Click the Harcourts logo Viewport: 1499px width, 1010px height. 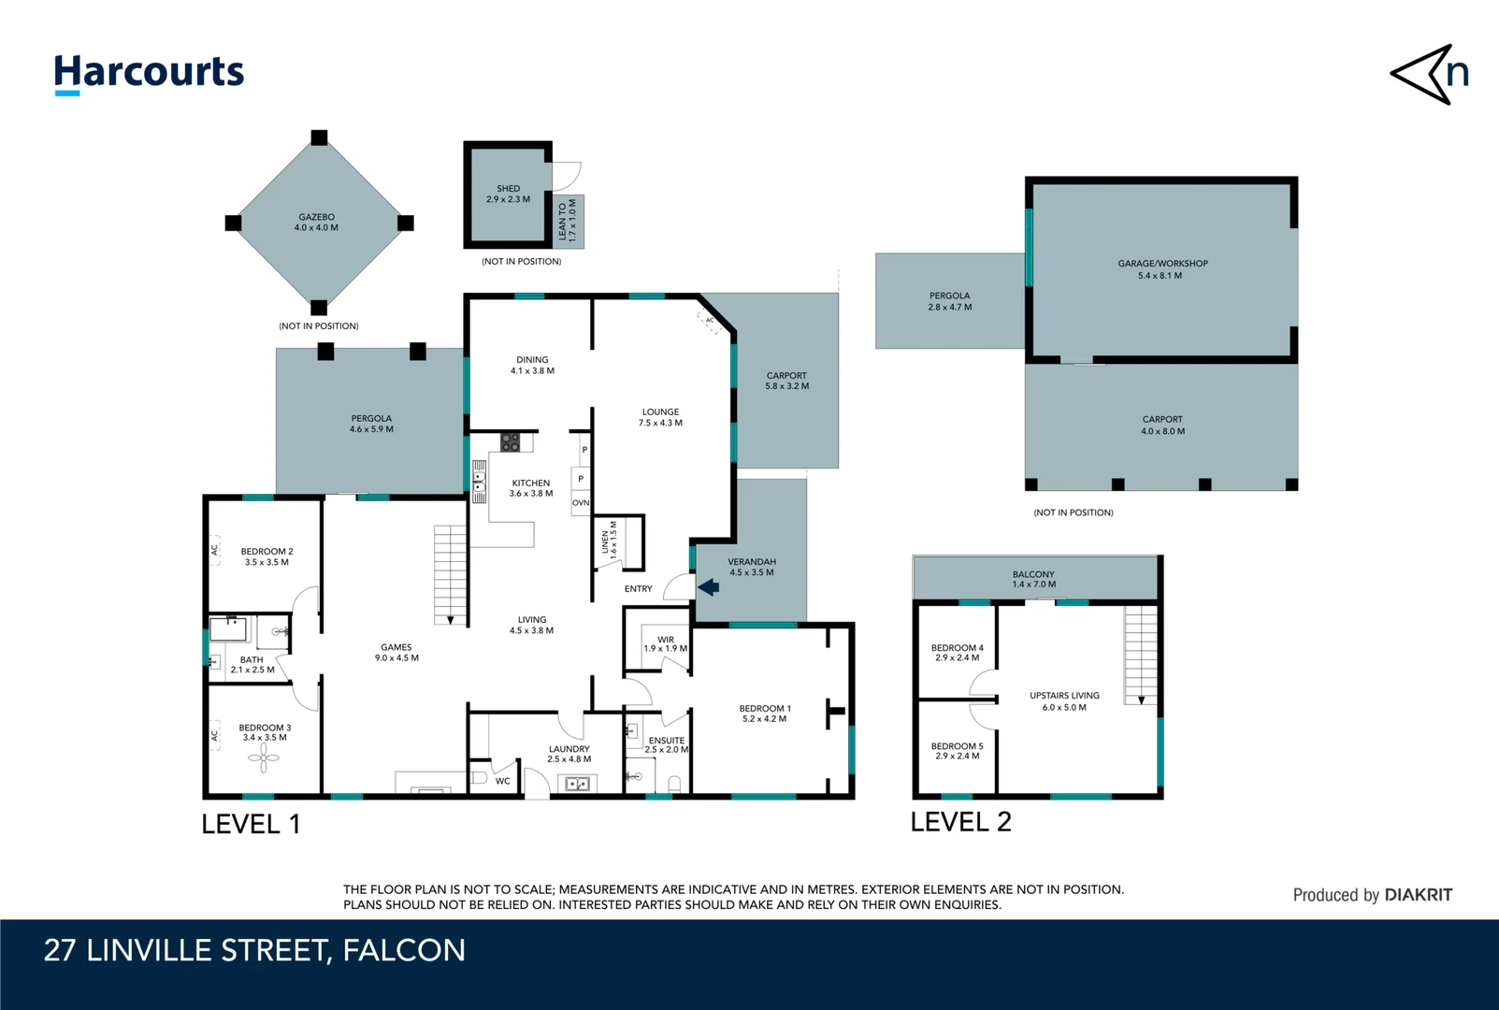(149, 74)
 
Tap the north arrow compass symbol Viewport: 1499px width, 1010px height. (1430, 74)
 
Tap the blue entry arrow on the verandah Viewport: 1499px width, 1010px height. (709, 587)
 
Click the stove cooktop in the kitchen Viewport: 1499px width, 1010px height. (510, 441)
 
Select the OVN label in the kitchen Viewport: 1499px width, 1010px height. (581, 502)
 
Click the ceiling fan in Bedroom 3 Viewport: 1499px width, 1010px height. (264, 758)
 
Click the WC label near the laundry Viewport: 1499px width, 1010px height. (502, 781)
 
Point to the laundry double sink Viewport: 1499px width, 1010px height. (577, 783)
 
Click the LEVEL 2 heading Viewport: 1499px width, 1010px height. (961, 822)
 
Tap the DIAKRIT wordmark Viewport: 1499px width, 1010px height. (1418, 895)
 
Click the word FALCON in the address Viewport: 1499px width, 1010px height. (404, 950)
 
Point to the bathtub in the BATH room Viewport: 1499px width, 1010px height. (228, 629)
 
